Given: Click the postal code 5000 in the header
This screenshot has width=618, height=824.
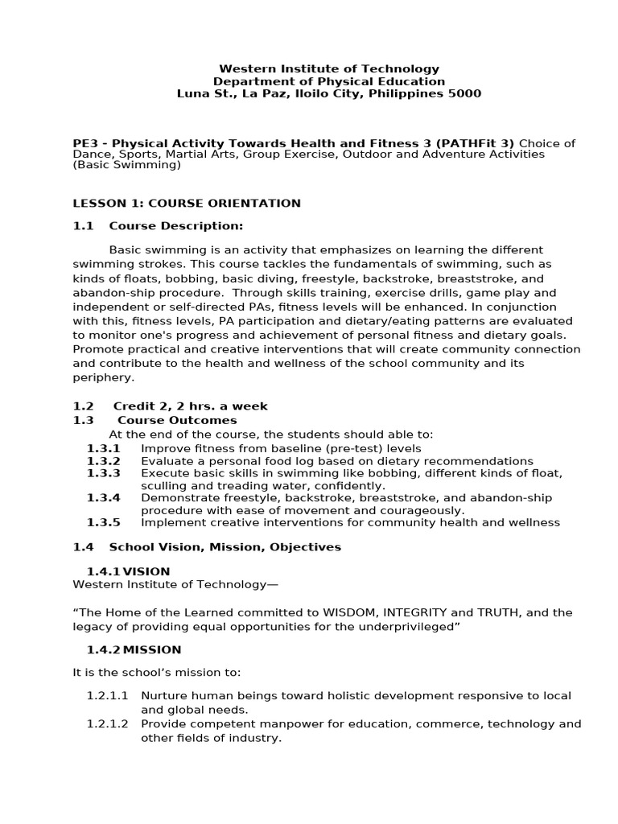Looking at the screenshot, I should point(465,93).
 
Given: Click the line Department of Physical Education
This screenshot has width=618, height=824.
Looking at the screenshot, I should point(328,81).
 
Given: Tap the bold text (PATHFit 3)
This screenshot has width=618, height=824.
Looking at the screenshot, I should point(475,143).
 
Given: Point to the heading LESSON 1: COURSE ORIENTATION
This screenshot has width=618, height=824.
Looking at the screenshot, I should point(187,204).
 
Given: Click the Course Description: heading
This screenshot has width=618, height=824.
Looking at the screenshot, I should point(175,225).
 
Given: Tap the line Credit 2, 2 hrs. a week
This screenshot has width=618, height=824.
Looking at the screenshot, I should point(190,406).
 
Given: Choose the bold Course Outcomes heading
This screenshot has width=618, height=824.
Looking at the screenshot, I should point(177,420).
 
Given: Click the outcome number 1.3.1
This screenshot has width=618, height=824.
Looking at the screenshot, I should point(103,448).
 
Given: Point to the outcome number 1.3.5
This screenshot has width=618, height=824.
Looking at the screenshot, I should point(103,522).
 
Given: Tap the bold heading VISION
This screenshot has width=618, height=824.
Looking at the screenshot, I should point(146,571).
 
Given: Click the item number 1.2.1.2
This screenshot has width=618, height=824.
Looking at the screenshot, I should point(108,723).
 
